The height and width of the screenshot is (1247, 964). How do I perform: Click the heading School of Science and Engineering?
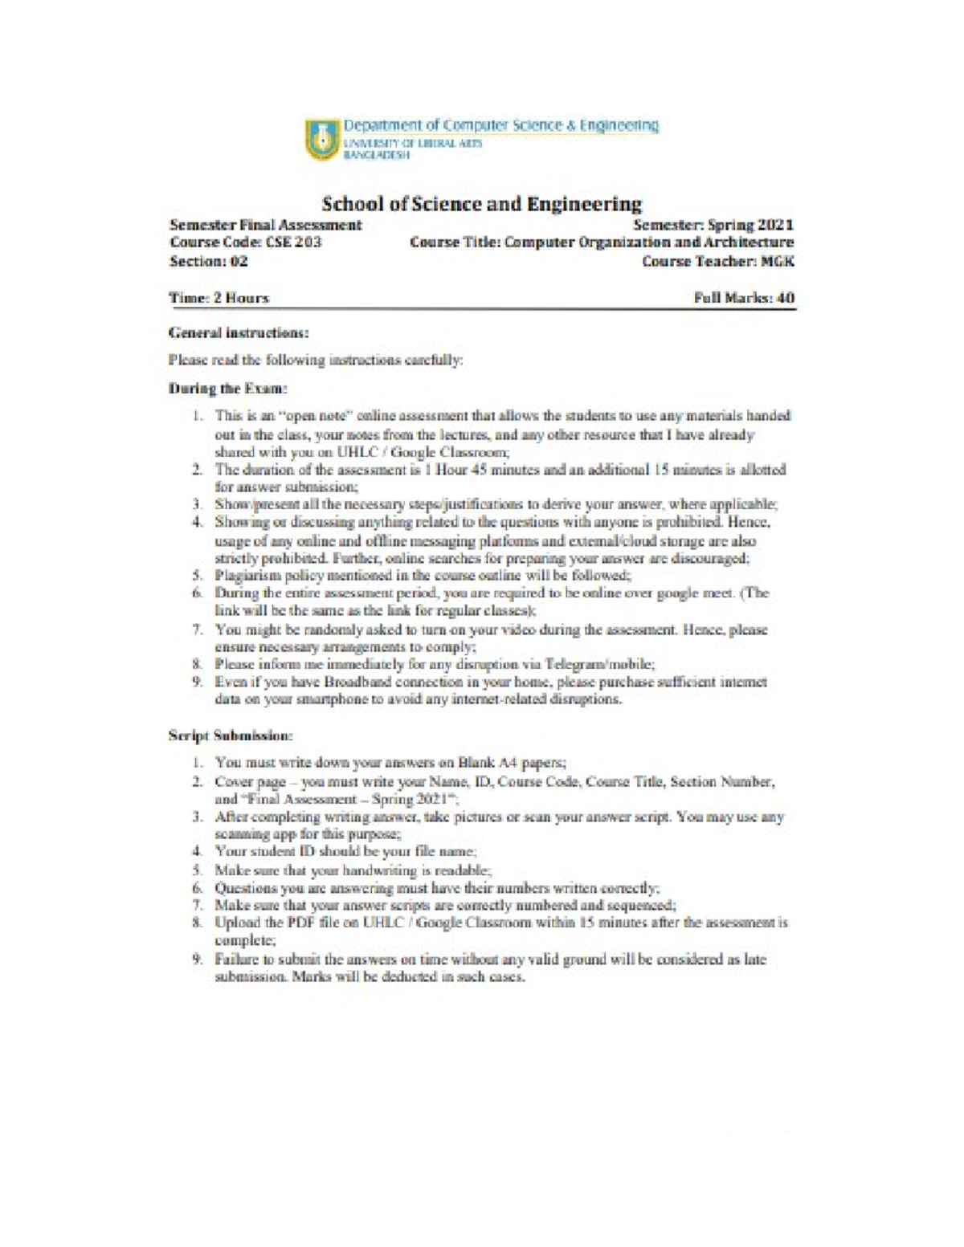[x=482, y=203]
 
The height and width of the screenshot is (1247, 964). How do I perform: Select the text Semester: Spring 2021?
[x=713, y=225]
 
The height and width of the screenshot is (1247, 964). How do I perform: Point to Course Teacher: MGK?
[x=718, y=261]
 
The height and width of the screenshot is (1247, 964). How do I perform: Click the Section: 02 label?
[x=209, y=261]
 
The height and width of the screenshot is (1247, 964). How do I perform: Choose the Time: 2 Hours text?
[x=219, y=298]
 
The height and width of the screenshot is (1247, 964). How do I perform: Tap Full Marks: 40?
[x=744, y=298]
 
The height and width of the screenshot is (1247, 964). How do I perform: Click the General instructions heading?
[x=239, y=332]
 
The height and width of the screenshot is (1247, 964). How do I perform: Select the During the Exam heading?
[x=228, y=389]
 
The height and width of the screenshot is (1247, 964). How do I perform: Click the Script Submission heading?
[x=231, y=735]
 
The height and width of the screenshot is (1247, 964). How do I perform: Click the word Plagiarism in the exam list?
[x=244, y=576]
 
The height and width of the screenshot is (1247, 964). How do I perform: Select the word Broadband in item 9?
[x=357, y=682]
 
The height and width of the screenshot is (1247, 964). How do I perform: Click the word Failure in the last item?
[x=236, y=960]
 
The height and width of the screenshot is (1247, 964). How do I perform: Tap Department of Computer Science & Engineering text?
[x=501, y=125]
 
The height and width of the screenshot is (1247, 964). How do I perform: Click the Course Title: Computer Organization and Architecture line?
[x=601, y=242]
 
